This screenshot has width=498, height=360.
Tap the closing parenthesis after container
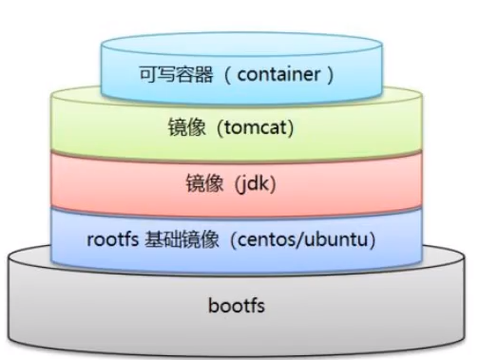pyautogui.click(x=329, y=73)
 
